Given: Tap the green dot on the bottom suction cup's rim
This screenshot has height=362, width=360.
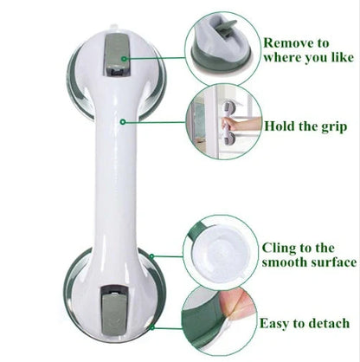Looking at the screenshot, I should click(152, 257).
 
